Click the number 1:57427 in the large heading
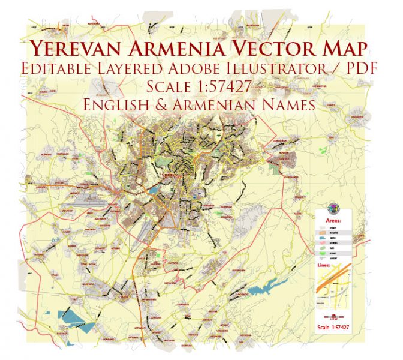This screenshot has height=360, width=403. (227, 88)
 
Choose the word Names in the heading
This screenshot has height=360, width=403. (282, 106)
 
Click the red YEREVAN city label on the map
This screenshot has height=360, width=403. (173, 175)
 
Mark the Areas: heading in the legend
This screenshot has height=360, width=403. (333, 221)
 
